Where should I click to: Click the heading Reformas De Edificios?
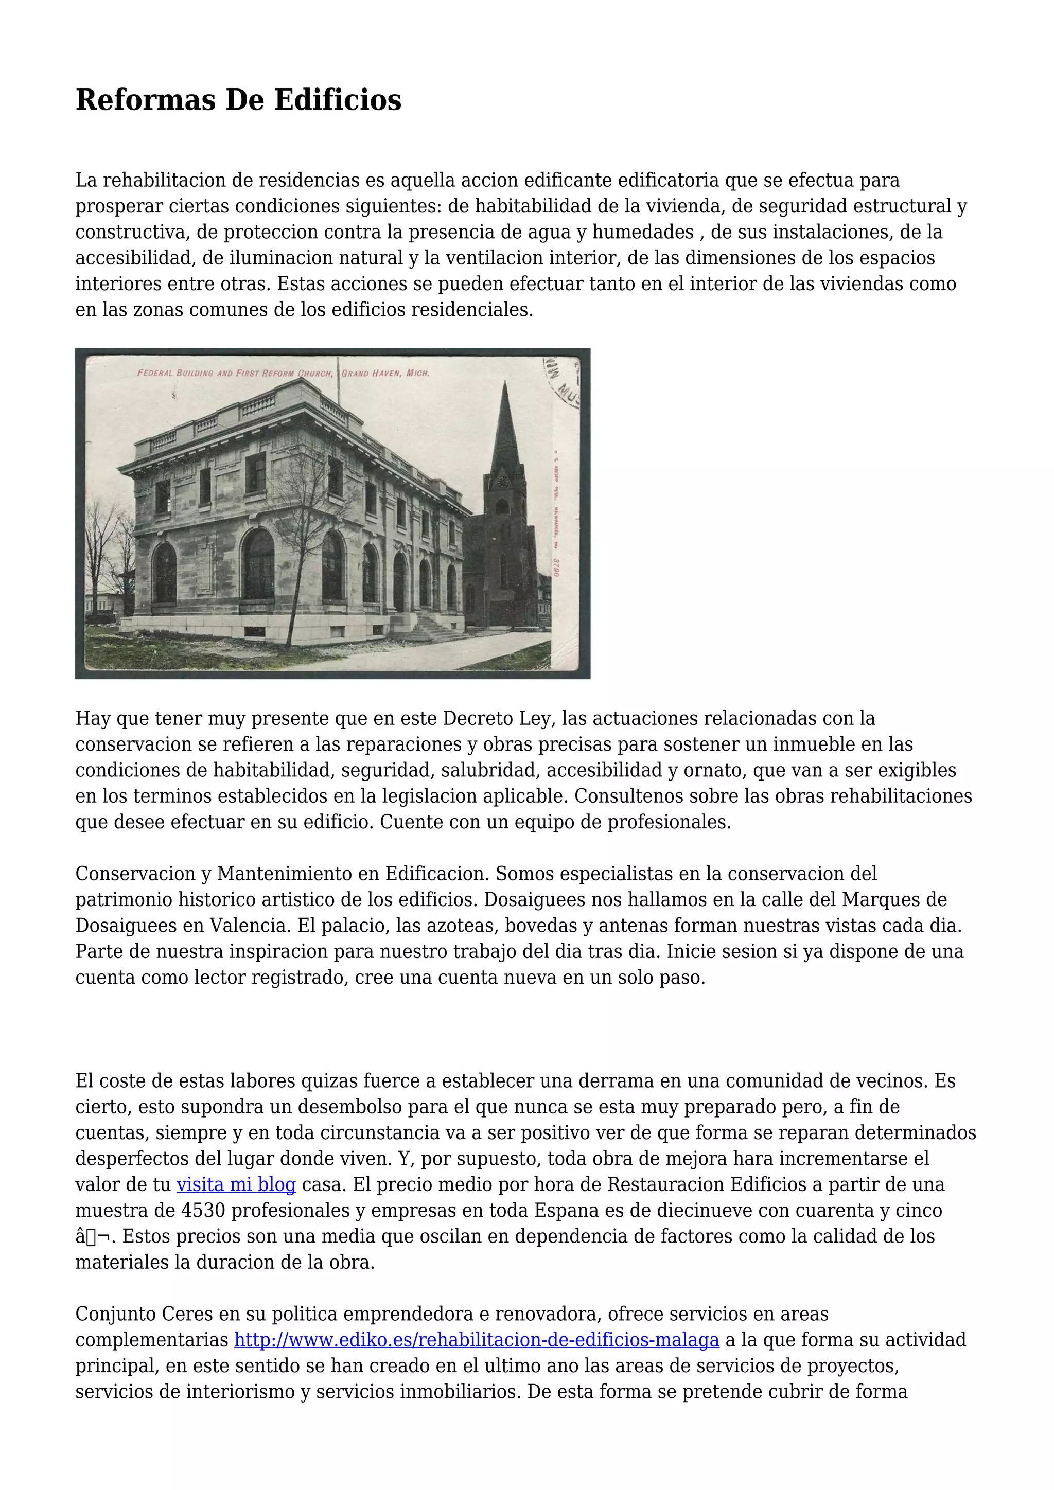(x=238, y=100)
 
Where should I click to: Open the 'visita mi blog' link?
(x=236, y=1184)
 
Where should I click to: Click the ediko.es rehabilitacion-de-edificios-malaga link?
(x=477, y=1340)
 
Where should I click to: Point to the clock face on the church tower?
(x=502, y=482)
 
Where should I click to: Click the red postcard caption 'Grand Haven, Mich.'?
(x=385, y=373)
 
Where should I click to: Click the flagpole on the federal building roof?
(x=338, y=383)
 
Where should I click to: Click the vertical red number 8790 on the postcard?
(x=556, y=567)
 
